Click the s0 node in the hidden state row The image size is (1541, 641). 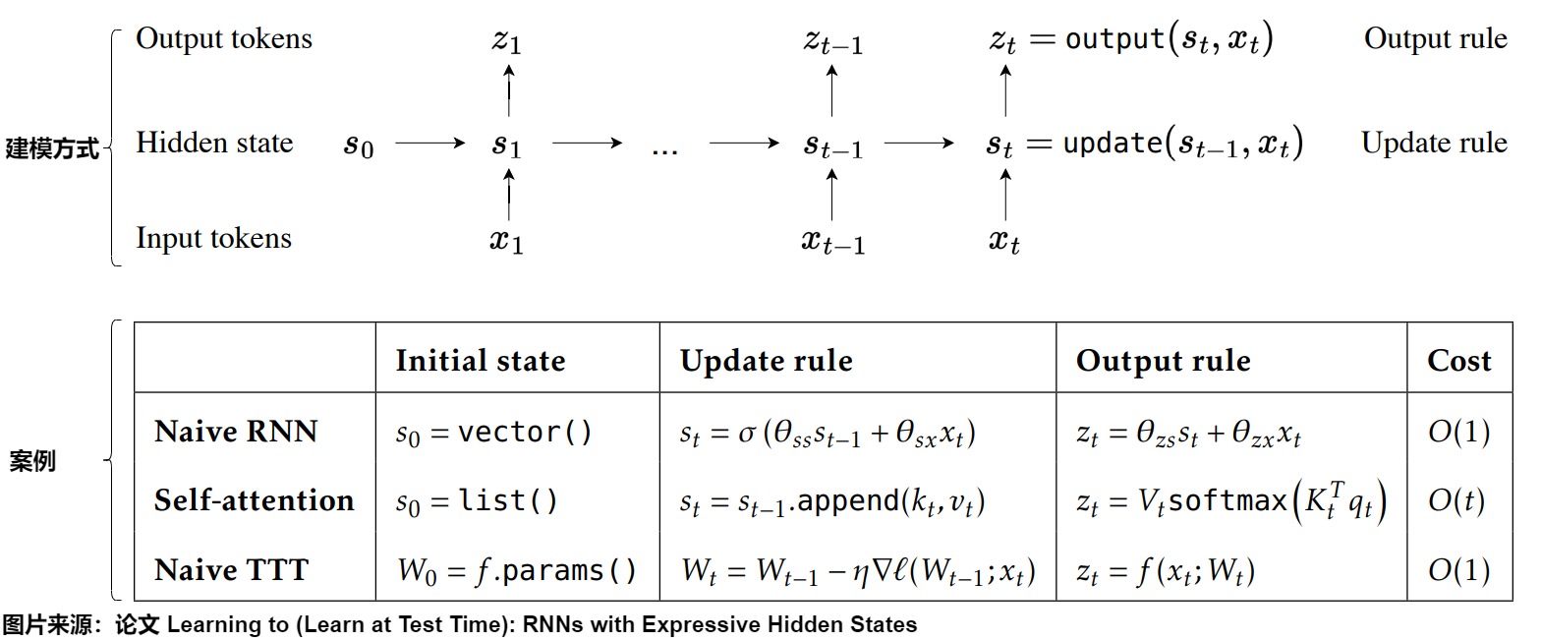(358, 146)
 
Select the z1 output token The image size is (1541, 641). (507, 42)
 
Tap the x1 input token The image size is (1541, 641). (507, 241)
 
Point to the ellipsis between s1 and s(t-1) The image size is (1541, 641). (665, 149)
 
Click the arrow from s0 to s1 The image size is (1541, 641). (429, 144)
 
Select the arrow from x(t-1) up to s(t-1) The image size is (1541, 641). (832, 195)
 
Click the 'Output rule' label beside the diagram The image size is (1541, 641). (1435, 39)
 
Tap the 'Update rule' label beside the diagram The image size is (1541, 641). (1434, 144)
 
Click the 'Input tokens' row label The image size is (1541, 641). (213, 239)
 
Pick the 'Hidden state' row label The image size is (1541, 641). (214, 144)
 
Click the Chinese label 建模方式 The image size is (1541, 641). (51, 149)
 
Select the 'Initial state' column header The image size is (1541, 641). (480, 361)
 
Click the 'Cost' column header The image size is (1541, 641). (1459, 361)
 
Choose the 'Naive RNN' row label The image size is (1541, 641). (236, 432)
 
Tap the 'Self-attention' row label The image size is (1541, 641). (254, 501)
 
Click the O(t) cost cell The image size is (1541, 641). (1456, 501)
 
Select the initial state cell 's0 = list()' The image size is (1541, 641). (477, 502)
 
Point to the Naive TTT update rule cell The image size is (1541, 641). (858, 571)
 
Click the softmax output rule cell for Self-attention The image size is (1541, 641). (1231, 502)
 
